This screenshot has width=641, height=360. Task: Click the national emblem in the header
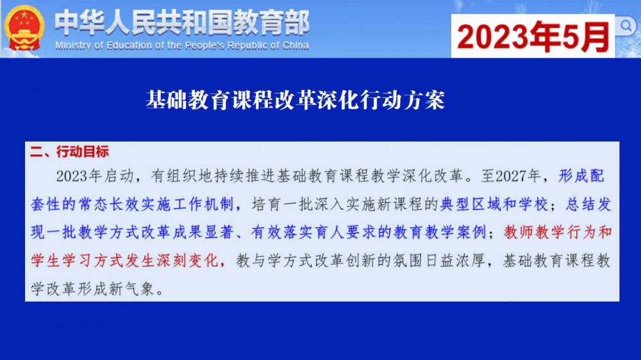tap(24, 28)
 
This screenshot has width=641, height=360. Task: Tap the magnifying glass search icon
tap(626, 26)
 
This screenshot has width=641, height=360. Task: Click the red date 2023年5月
tap(533, 37)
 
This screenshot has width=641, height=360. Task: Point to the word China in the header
tap(295, 45)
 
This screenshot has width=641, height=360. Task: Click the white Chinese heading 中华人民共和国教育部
tap(182, 22)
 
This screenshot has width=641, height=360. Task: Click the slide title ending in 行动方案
tap(295, 100)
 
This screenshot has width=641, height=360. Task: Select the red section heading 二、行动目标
tap(69, 152)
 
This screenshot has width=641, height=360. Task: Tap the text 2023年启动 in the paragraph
tap(96, 176)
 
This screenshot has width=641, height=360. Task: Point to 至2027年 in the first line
tap(511, 176)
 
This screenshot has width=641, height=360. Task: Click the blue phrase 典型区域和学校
tap(494, 204)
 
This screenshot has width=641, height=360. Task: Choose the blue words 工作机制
tap(203, 204)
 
